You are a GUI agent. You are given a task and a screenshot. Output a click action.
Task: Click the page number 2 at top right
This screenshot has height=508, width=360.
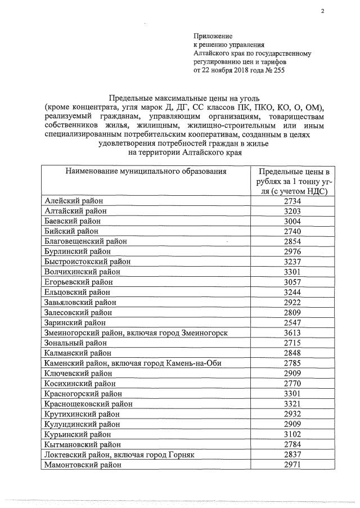(x=323, y=11)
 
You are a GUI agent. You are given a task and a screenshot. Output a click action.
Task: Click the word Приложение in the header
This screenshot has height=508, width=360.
(x=213, y=35)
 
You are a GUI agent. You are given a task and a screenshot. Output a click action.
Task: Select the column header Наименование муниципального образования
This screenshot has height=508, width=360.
(x=146, y=172)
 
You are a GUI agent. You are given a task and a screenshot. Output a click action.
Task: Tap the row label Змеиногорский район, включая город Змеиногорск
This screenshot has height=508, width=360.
(x=136, y=333)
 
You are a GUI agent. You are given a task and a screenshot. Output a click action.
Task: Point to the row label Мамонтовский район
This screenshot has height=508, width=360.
(x=82, y=465)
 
